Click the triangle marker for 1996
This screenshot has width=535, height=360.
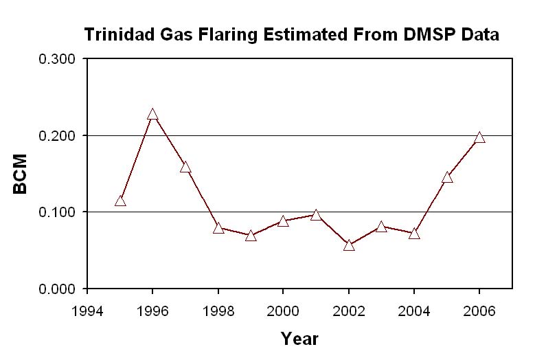tap(152, 115)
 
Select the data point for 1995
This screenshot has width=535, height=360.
tap(120, 201)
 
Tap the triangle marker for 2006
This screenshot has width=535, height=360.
tap(479, 137)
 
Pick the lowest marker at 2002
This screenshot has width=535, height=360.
tap(349, 245)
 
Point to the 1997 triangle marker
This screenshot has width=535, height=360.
tap(185, 167)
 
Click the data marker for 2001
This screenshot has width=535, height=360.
tap(316, 215)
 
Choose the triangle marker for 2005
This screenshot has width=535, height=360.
tap(447, 177)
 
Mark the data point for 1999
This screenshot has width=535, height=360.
tap(251, 236)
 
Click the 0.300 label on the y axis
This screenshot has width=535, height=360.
tap(57, 59)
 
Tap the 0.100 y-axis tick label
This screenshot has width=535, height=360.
tap(57, 212)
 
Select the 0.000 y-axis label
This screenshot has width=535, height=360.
tap(57, 289)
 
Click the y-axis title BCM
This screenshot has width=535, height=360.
tap(21, 174)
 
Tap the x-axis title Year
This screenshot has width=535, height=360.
tap(299, 339)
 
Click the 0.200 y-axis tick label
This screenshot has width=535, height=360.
tap(57, 136)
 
